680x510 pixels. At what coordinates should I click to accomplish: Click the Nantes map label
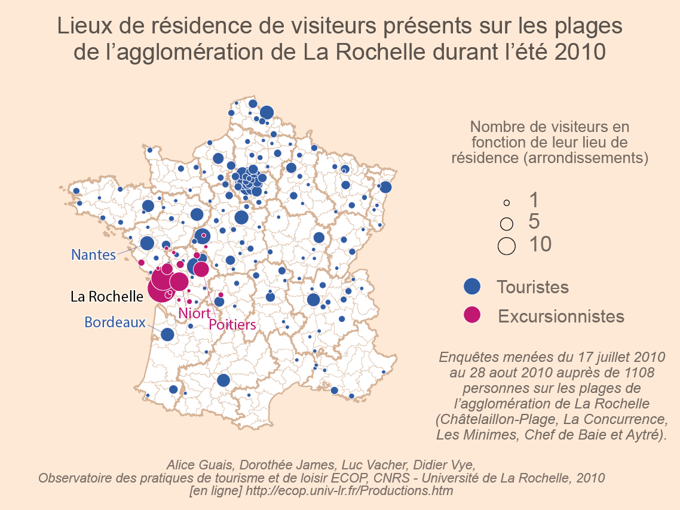pos(93,254)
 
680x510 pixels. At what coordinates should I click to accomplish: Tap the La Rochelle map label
pos(107,296)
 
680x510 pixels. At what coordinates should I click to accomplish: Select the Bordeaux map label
pos(115,322)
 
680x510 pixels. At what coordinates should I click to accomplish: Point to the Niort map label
pos(194,313)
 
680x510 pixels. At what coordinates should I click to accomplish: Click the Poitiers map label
pos(232,324)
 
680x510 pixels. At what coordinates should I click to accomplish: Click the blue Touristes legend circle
pos(473,287)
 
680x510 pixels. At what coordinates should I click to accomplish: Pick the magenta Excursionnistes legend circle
pos(473,315)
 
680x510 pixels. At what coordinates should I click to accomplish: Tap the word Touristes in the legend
pos(532,287)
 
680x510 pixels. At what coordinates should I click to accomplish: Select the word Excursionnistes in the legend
pos(561,316)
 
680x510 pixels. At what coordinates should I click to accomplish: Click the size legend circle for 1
pos(506,203)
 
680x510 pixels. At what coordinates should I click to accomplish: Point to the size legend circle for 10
pos(507,245)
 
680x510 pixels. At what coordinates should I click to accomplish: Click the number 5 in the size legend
pos(534,222)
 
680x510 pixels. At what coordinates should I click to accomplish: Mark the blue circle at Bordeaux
pos(167,334)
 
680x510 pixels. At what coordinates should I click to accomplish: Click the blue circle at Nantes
pos(147,243)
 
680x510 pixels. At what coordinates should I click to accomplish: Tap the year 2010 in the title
pos(580,53)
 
